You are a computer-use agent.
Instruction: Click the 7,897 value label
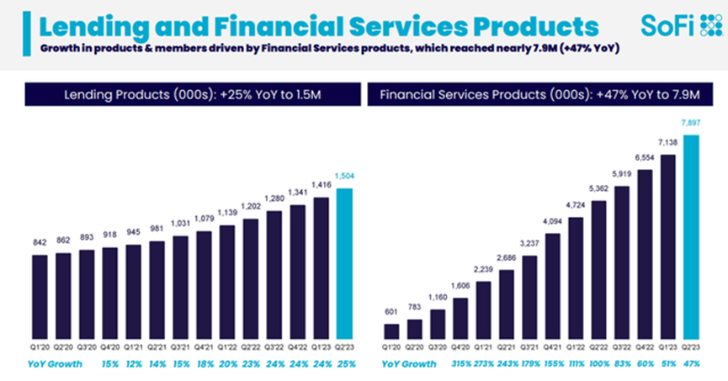[692, 123]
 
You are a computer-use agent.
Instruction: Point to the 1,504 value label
[344, 176]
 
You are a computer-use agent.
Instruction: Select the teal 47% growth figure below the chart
[693, 364]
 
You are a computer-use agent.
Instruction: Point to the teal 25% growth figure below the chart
[344, 364]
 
